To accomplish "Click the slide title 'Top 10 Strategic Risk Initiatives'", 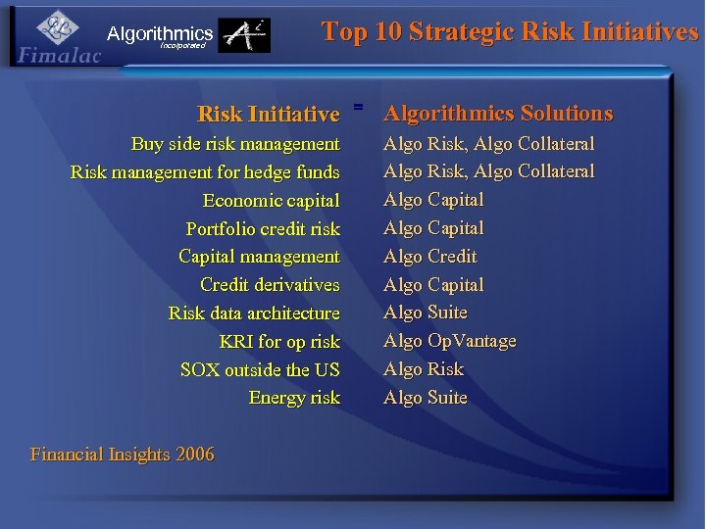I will tap(510, 31).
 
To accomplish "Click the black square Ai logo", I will tap(243, 36).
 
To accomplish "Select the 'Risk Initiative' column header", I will tap(268, 115).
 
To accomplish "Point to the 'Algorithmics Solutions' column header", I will tap(498, 114).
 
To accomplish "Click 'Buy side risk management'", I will tap(235, 144).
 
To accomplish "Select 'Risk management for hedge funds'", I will tap(205, 172).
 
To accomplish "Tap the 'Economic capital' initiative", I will tap(271, 201).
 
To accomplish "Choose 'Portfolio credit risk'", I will tap(263, 229).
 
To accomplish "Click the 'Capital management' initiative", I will tap(259, 257).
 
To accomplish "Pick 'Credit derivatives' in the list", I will tap(270, 285).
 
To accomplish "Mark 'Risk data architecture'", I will tap(254, 313).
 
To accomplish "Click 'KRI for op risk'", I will tap(279, 342).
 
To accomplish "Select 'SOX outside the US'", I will tap(260, 370).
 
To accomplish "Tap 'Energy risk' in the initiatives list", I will tap(294, 398).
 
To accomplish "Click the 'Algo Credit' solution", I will tap(429, 257).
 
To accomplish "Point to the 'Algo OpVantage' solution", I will tap(449, 341).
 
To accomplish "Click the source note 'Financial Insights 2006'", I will tap(123, 455).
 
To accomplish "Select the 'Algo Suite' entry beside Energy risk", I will tap(425, 398).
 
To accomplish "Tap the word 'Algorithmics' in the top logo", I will tap(160, 34).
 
